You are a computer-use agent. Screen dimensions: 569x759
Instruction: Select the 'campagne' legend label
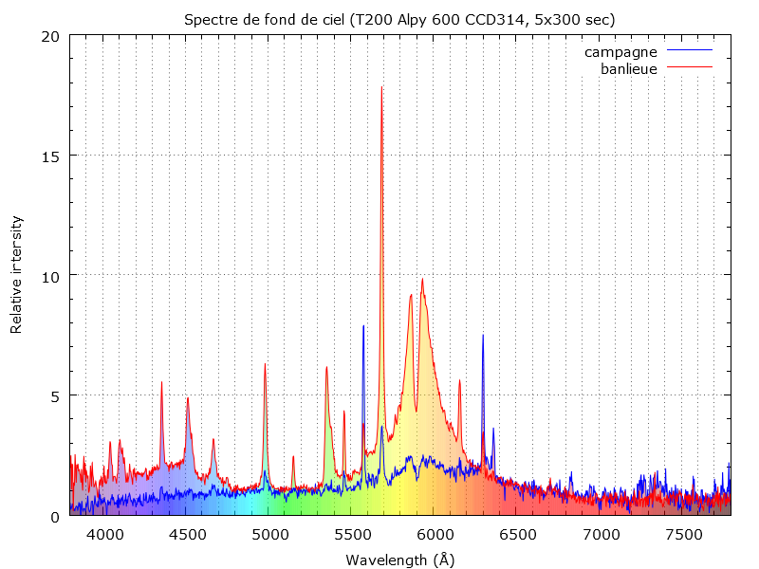pyautogui.click(x=620, y=51)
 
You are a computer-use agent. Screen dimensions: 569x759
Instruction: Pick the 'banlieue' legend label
pyautogui.click(x=629, y=68)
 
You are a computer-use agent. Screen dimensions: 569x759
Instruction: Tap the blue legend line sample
pyautogui.click(x=689, y=51)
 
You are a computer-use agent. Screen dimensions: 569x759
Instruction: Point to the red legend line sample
pyautogui.click(x=689, y=68)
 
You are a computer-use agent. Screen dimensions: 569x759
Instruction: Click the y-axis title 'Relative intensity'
pyautogui.click(x=16, y=275)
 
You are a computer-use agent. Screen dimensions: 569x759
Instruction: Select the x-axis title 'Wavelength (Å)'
pyautogui.click(x=399, y=560)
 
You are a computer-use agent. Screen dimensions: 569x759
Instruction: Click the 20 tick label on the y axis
pyautogui.click(x=50, y=36)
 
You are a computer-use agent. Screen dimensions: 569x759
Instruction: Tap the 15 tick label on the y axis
pyautogui.click(x=50, y=156)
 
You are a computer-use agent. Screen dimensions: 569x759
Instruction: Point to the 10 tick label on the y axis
pyautogui.click(x=50, y=276)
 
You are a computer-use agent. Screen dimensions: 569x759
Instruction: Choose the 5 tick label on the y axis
pyautogui.click(x=55, y=395)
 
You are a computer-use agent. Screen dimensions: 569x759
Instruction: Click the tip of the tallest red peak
pyautogui.click(x=381, y=87)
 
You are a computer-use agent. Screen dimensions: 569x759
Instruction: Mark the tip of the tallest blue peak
pyautogui.click(x=363, y=325)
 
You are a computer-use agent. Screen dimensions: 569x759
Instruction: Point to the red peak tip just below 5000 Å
pyautogui.click(x=265, y=364)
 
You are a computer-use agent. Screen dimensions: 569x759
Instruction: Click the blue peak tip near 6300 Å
pyautogui.click(x=482, y=335)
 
